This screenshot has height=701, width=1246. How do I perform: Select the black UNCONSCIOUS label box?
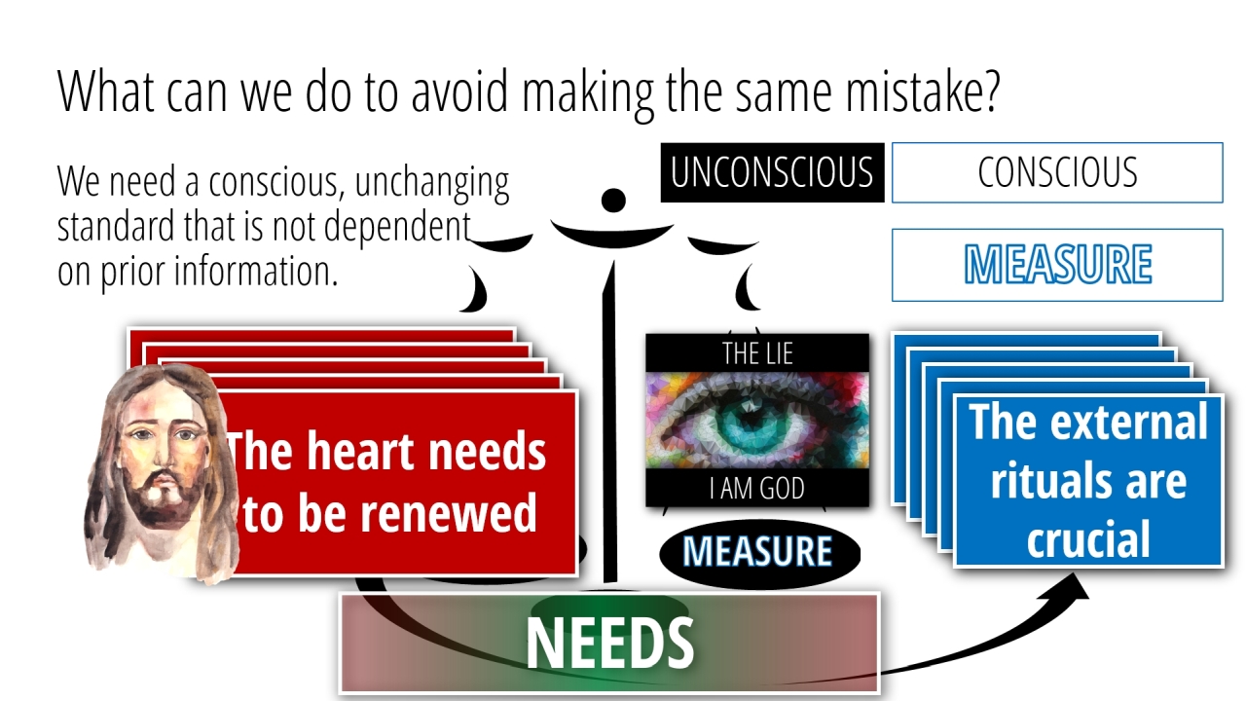tap(772, 172)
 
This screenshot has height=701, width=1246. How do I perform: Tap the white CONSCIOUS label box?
tap(1057, 172)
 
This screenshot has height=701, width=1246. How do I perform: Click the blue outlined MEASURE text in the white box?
tap(1057, 264)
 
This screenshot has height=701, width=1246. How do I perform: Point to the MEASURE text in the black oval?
tap(757, 551)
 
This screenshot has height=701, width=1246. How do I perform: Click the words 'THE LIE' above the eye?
tap(757, 353)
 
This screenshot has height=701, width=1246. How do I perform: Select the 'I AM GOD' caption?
tap(757, 489)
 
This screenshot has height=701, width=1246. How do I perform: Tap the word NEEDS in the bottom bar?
tap(609, 643)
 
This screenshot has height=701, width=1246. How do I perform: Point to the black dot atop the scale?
tap(613, 201)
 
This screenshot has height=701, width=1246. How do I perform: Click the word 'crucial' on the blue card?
tap(1088, 538)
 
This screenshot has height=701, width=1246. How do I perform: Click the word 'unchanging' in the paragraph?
tap(431, 183)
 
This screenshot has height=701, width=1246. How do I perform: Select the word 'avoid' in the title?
tap(459, 92)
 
